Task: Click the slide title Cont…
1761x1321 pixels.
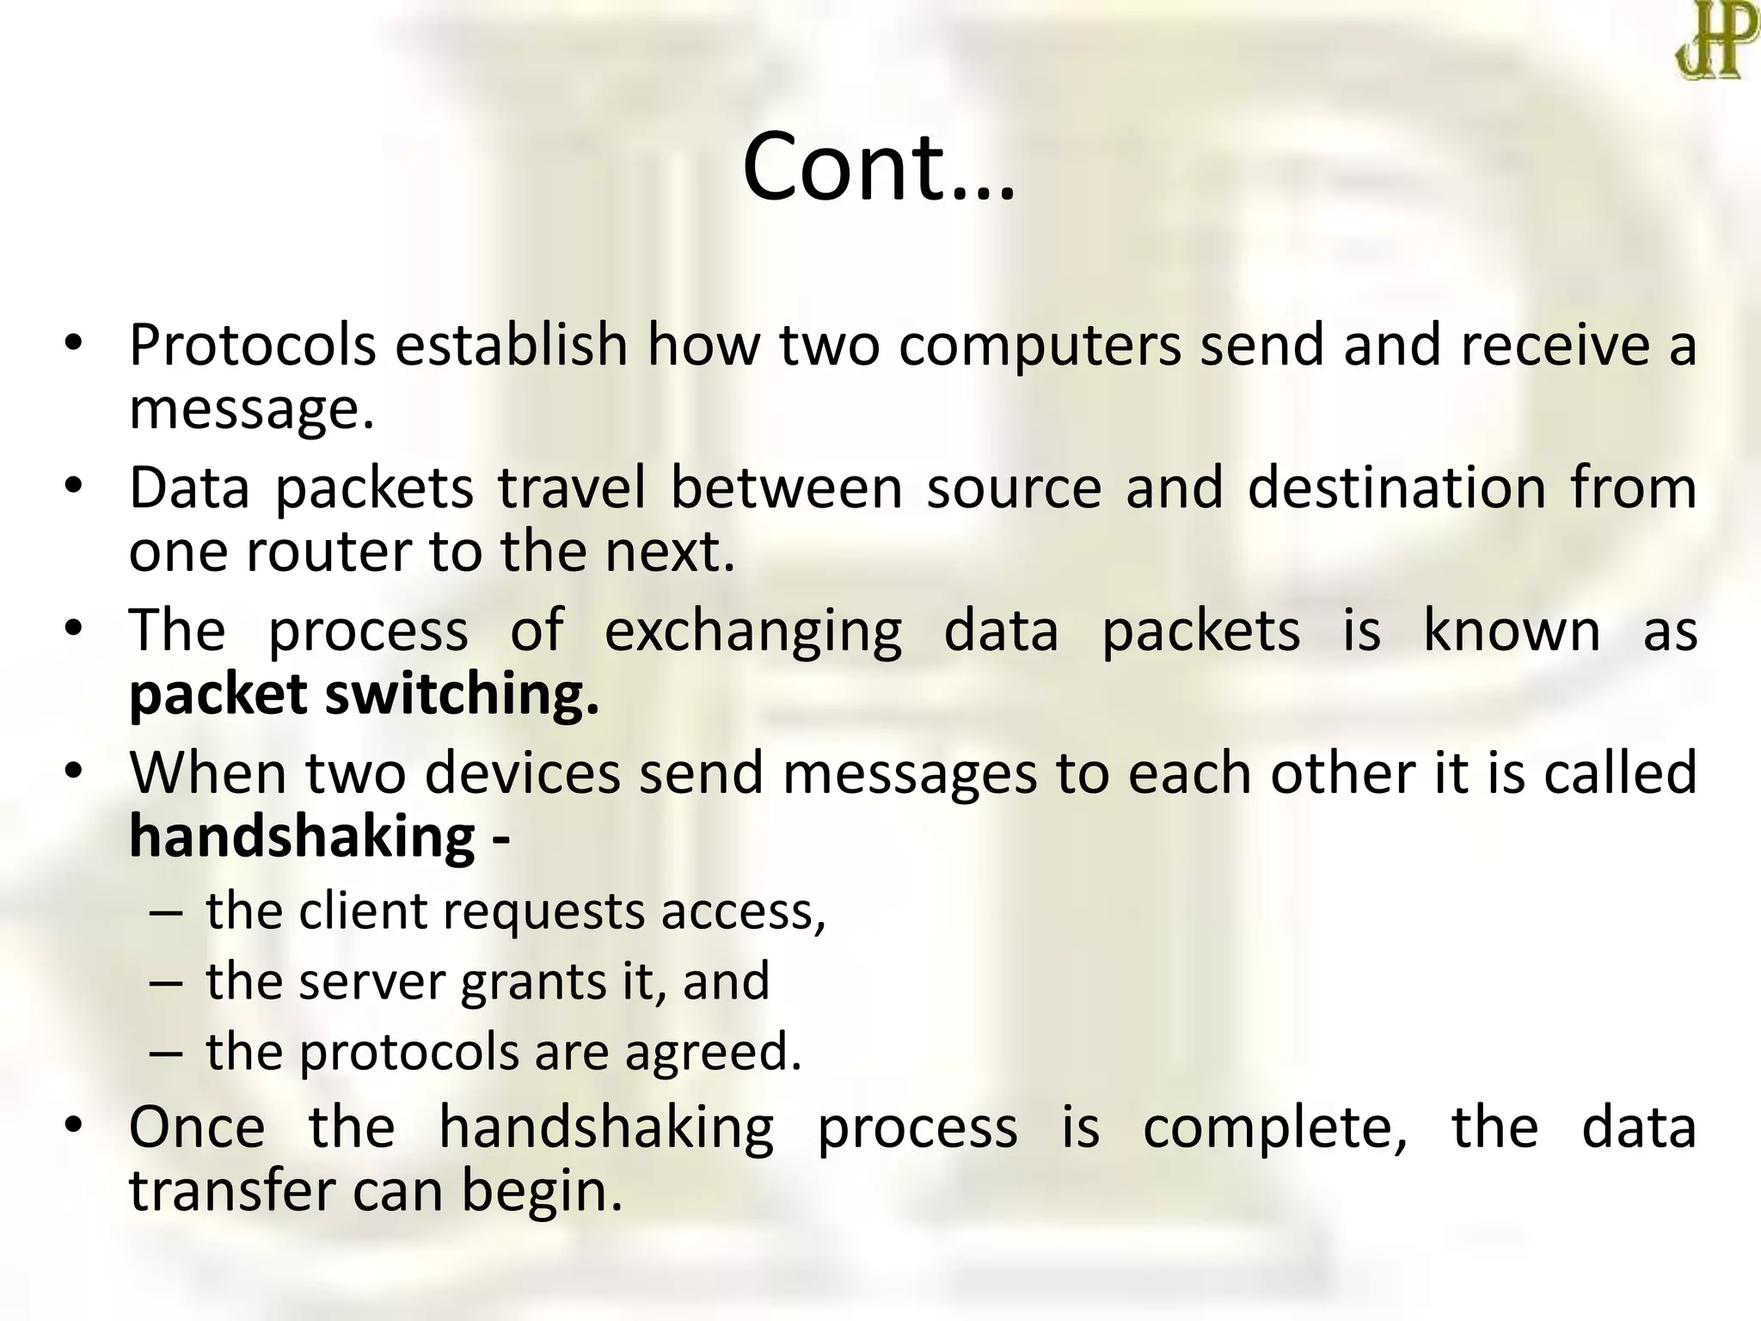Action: pyautogui.click(x=879, y=167)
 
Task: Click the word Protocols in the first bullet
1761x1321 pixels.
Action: pyautogui.click(x=252, y=345)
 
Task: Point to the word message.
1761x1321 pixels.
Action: pyautogui.click(x=251, y=409)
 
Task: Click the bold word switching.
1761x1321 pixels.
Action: pyautogui.click(x=462, y=695)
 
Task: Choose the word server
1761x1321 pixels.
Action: pyautogui.click(x=371, y=981)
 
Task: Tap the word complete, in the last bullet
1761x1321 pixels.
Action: pyautogui.click(x=1274, y=1127)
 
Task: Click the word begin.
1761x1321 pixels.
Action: pyautogui.click(x=541, y=1191)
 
